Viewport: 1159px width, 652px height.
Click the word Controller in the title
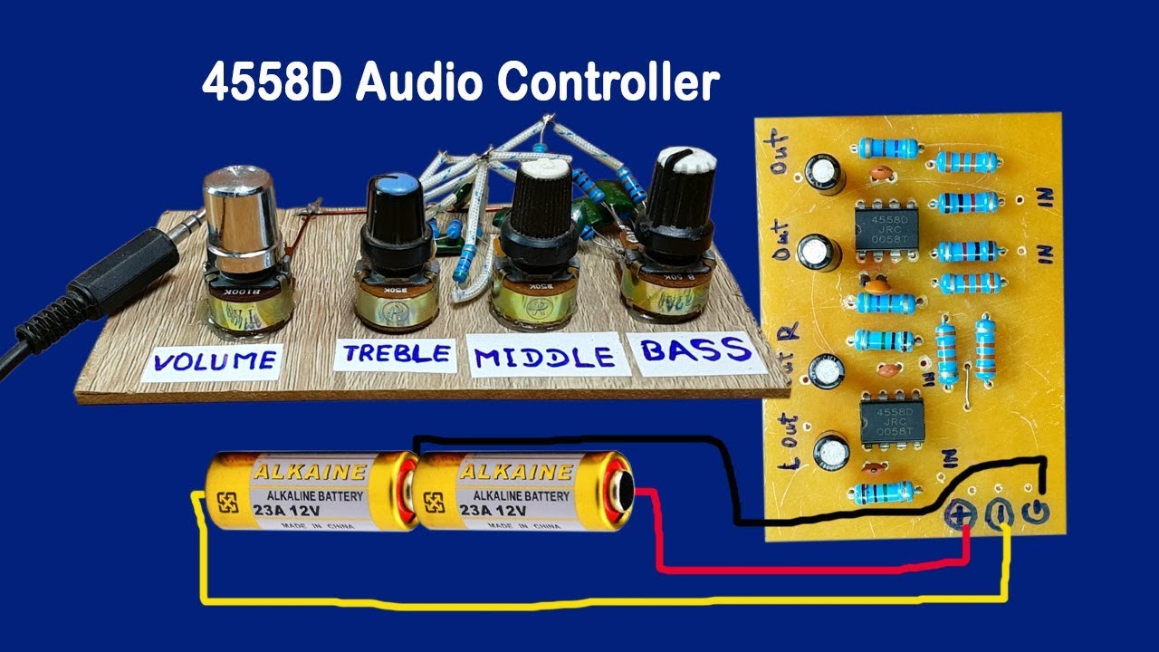pyautogui.click(x=608, y=84)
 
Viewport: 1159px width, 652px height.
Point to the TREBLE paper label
pyautogui.click(x=395, y=353)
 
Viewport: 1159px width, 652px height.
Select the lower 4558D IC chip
pyautogui.click(x=892, y=422)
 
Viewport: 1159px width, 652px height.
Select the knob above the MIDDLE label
pyautogui.click(x=541, y=213)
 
